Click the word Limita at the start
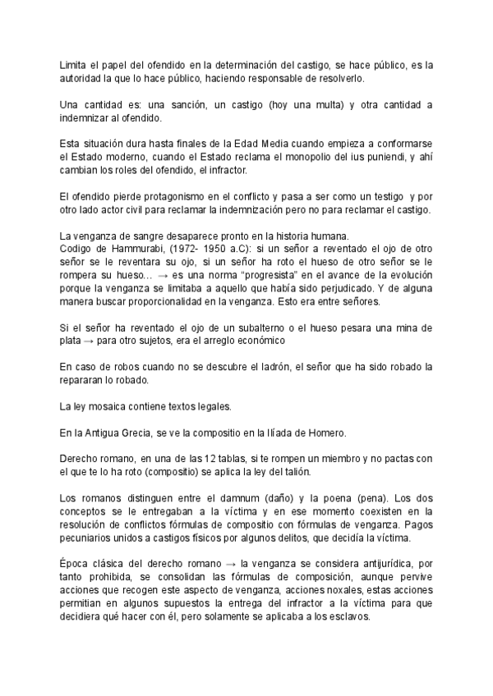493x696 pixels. [73, 64]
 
